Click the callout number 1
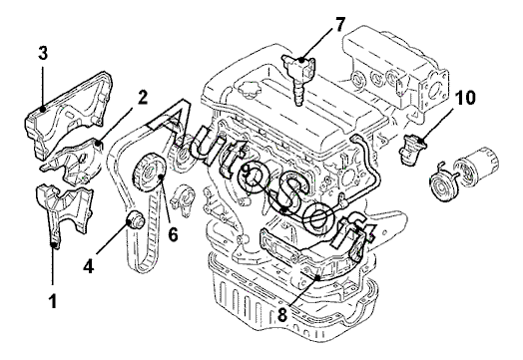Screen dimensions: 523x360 click(x=53, y=301)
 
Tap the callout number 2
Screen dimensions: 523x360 click(x=142, y=98)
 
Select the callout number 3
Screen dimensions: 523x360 click(x=43, y=53)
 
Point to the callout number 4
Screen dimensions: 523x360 click(x=89, y=266)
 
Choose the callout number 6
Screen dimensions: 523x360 click(x=173, y=234)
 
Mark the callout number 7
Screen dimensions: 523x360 click(x=339, y=24)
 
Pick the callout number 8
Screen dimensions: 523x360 click(x=282, y=314)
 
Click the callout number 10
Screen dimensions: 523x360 click(x=465, y=98)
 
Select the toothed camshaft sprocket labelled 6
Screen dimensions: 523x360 click(x=149, y=172)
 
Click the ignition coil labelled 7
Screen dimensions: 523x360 click(x=298, y=78)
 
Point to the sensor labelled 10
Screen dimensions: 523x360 click(x=412, y=149)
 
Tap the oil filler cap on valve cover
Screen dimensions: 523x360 click(x=249, y=91)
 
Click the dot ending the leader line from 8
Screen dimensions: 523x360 click(x=317, y=277)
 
